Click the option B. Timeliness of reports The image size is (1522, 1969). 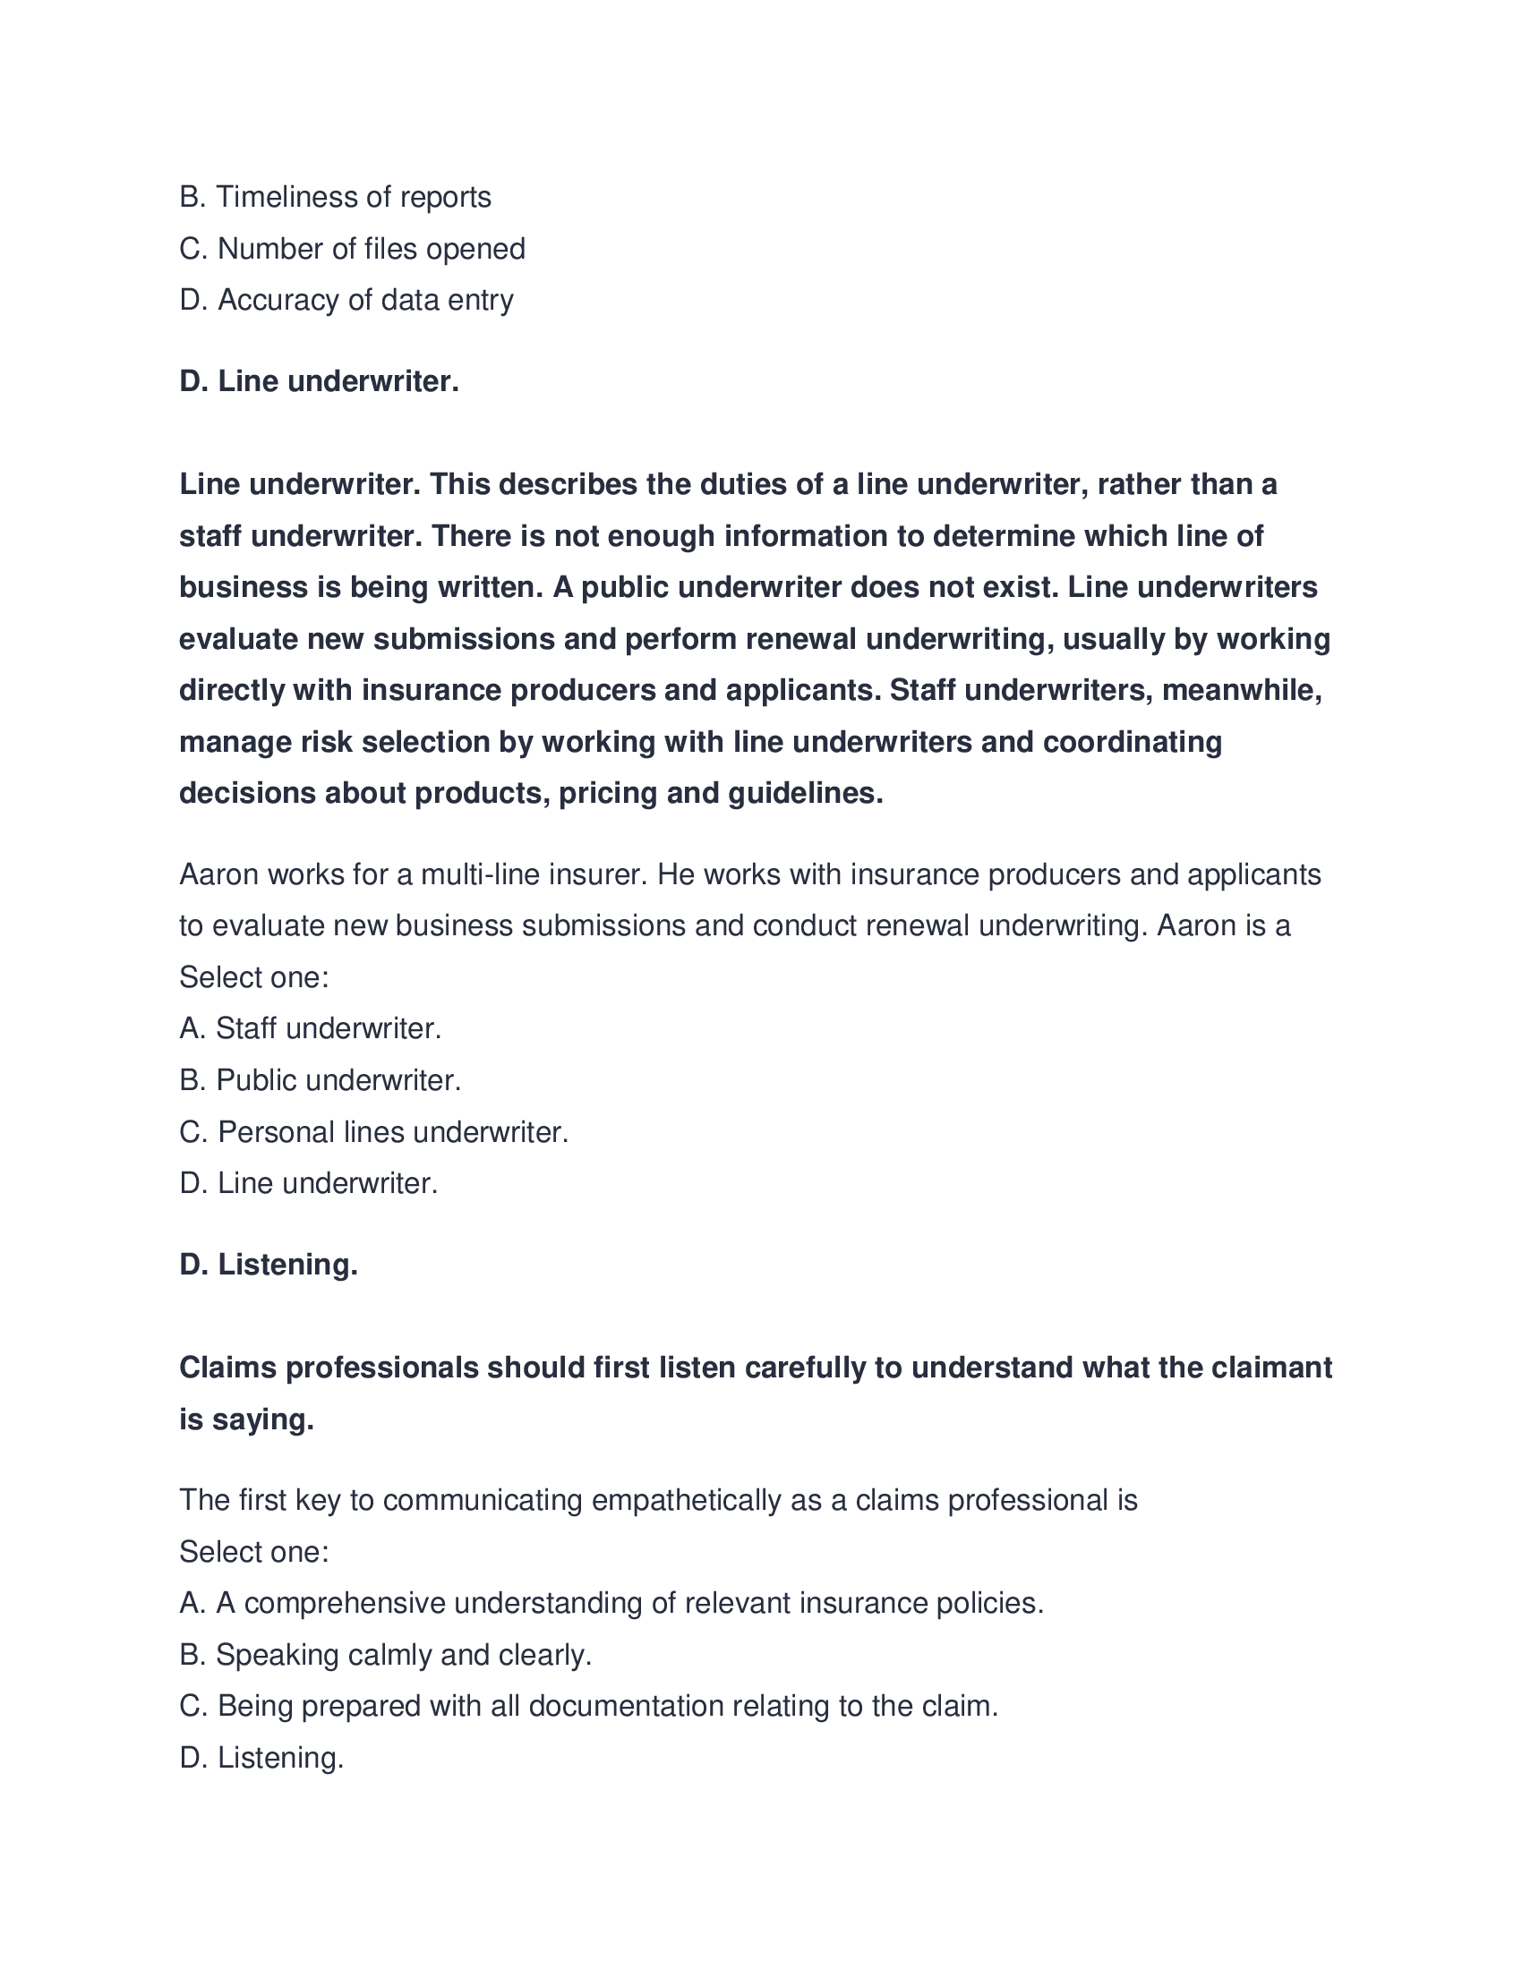pyautogui.click(x=335, y=197)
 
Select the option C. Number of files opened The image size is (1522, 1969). pyautogui.click(x=352, y=249)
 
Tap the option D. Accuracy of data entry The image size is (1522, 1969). pyautogui.click(x=346, y=300)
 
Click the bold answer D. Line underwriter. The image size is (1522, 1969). pyautogui.click(x=320, y=381)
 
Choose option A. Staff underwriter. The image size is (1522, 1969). pyautogui.click(x=310, y=1028)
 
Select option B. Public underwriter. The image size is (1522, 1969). pyautogui.click(x=321, y=1080)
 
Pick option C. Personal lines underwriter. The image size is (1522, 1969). pyautogui.click(x=373, y=1132)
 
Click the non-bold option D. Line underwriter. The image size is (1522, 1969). pyautogui.click(x=308, y=1184)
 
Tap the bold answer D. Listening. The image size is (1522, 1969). pyautogui.click(x=269, y=1265)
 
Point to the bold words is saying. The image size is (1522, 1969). pyautogui.click(x=246, y=1420)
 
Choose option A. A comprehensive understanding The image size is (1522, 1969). pyautogui.click(x=611, y=1603)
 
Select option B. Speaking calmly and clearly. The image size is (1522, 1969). pyautogui.click(x=385, y=1655)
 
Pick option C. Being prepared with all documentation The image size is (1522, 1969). pyautogui.click(x=588, y=1707)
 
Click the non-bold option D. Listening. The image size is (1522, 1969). pyautogui.click(x=261, y=1758)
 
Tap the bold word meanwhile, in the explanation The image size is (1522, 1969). pyautogui.click(x=1242, y=691)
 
